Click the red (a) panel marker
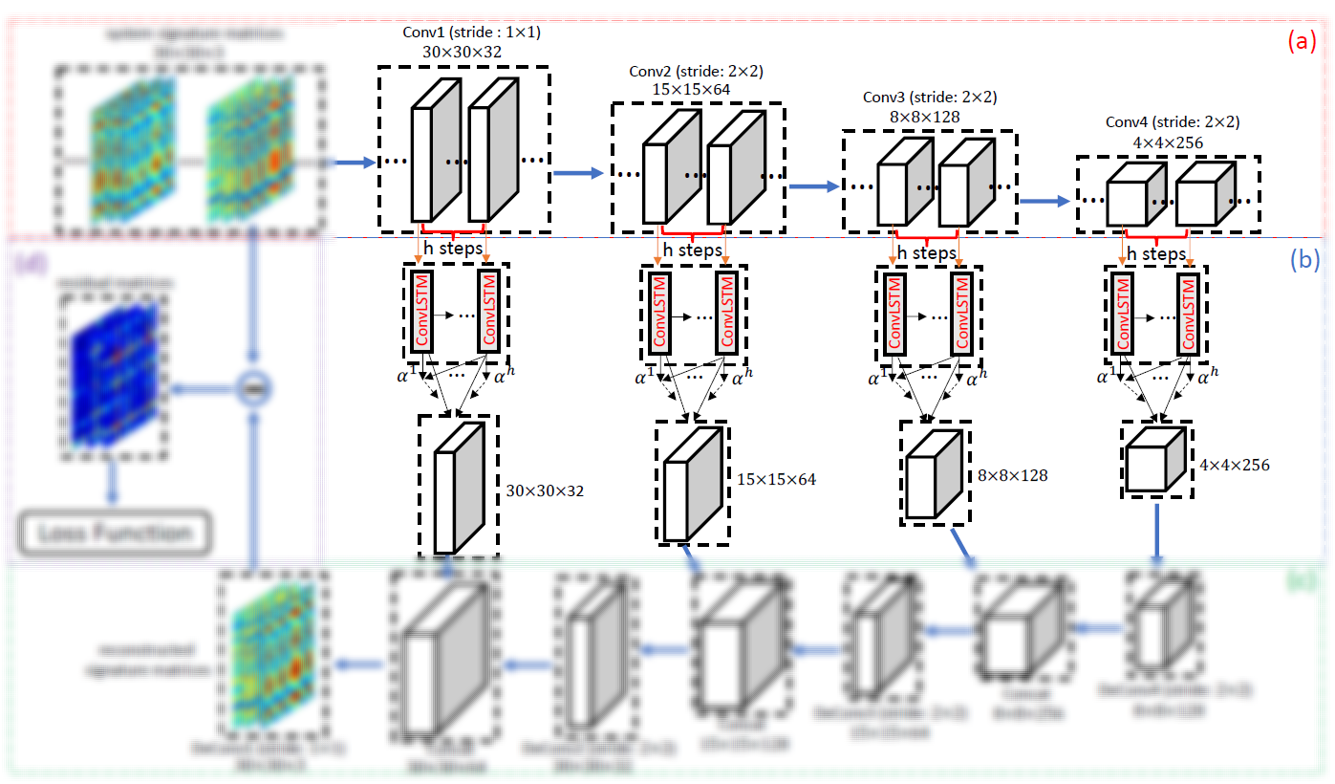pyautogui.click(x=1302, y=41)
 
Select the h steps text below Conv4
pyautogui.click(x=1156, y=254)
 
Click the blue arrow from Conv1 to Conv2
pyautogui.click(x=579, y=173)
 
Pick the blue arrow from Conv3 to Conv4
pyautogui.click(x=1044, y=201)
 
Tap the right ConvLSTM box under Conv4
pyautogui.click(x=1189, y=313)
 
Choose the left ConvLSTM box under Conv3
pyautogui.click(x=894, y=313)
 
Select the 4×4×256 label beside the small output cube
pyautogui.click(x=1234, y=465)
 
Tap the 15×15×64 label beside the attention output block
pyautogui.click(x=777, y=479)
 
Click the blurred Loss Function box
pyautogui.click(x=114, y=534)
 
